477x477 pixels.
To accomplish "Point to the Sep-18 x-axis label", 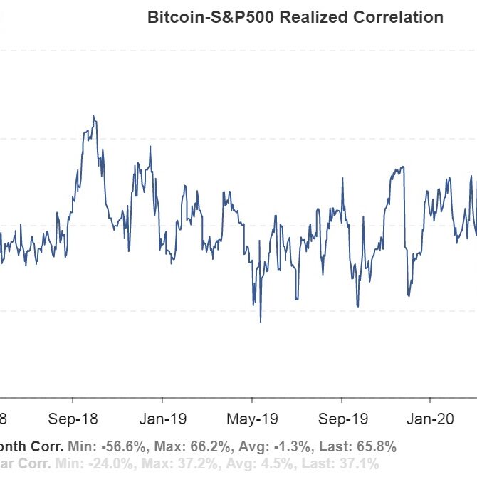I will click(74, 418).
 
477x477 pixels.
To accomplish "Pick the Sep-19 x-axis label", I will click(341, 418).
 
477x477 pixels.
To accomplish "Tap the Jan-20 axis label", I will click(429, 418).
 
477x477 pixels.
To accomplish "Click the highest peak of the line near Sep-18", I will click(93, 115).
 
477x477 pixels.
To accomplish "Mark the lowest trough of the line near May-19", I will click(261, 322).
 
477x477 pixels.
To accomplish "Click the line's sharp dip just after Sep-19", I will click(357, 306).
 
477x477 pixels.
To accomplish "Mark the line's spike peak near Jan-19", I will click(150, 147).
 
